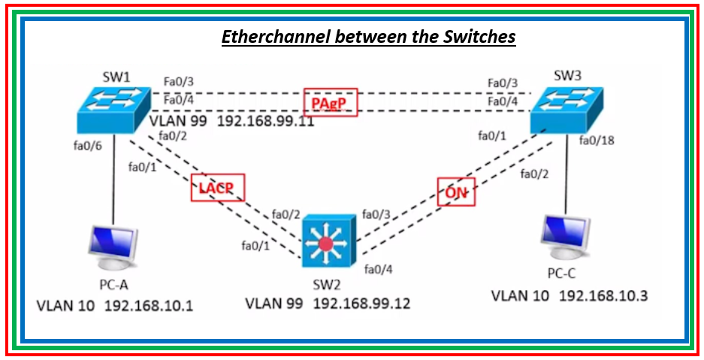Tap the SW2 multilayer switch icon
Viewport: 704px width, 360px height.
click(x=325, y=243)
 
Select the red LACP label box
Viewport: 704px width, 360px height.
click(x=217, y=188)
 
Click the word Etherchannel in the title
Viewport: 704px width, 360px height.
click(x=275, y=37)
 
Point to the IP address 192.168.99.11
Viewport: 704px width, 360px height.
click(x=265, y=122)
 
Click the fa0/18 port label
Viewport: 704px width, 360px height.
click(x=597, y=140)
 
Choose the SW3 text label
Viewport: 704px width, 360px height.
click(x=569, y=77)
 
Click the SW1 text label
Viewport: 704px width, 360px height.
click(x=116, y=78)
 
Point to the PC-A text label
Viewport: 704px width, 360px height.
click(x=116, y=286)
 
